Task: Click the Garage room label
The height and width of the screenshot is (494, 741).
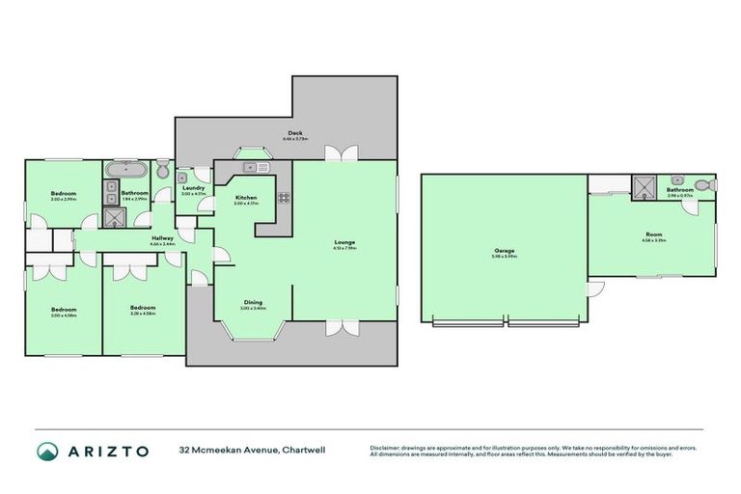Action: (505, 253)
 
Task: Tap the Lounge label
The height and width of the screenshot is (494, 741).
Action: (344, 242)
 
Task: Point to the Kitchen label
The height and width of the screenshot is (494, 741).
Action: (246, 198)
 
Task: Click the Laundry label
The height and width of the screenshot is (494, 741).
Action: (193, 188)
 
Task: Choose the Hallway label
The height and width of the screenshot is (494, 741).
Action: (161, 237)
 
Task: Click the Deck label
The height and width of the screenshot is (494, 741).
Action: (295, 134)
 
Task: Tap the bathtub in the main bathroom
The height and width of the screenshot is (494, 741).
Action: (124, 171)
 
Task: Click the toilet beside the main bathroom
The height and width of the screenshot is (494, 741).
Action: (163, 171)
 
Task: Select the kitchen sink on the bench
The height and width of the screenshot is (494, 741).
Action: (254, 168)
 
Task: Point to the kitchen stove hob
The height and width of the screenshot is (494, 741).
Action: (285, 199)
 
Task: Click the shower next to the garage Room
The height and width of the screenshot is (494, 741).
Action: (644, 184)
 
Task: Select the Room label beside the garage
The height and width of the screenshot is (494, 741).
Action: (652, 234)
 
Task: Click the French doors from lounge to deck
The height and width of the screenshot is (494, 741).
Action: (339, 152)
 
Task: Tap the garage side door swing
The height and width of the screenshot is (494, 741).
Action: (594, 288)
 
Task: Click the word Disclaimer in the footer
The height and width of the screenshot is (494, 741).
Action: (385, 447)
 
